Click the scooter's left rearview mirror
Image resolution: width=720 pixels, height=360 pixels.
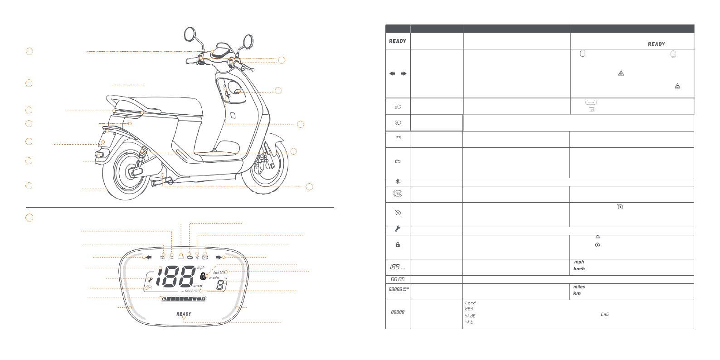tap(190, 34)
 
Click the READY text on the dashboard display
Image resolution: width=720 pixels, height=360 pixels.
tap(184, 314)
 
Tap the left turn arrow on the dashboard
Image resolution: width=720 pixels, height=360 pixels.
tap(148, 257)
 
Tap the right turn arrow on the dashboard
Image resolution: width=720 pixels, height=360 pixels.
tap(219, 257)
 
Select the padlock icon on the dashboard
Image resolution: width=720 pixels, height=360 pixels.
tap(203, 276)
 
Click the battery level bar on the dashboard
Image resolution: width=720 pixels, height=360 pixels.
tap(184, 299)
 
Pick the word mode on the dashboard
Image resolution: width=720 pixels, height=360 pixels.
tap(214, 277)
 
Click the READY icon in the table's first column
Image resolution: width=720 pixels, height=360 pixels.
tap(398, 41)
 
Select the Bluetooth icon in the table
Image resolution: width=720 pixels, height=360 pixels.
tap(398, 181)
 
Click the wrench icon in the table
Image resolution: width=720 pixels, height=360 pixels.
tap(398, 229)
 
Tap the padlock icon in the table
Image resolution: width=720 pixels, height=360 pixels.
tap(398, 245)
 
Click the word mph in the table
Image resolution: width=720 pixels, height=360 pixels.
tap(579, 262)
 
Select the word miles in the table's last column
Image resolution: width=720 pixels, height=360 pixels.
tap(579, 287)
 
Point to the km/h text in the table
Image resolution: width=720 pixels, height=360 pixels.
tap(579, 269)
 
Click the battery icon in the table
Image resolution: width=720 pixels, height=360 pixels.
tap(398, 138)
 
